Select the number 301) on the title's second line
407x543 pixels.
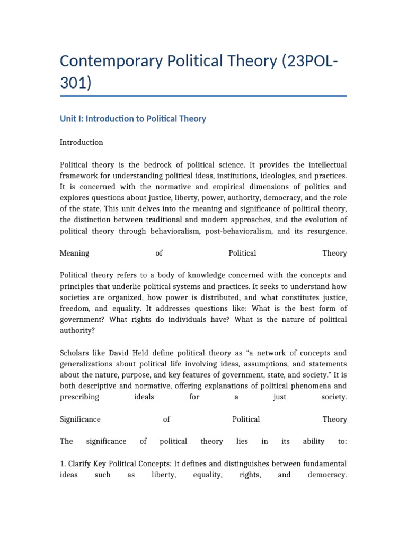(x=75, y=83)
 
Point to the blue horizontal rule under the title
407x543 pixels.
(x=203, y=96)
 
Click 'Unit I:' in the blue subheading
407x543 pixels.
(x=73, y=119)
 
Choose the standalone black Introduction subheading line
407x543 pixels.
(x=81, y=143)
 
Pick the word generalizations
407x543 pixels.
(x=87, y=364)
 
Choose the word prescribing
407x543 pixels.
(x=79, y=397)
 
